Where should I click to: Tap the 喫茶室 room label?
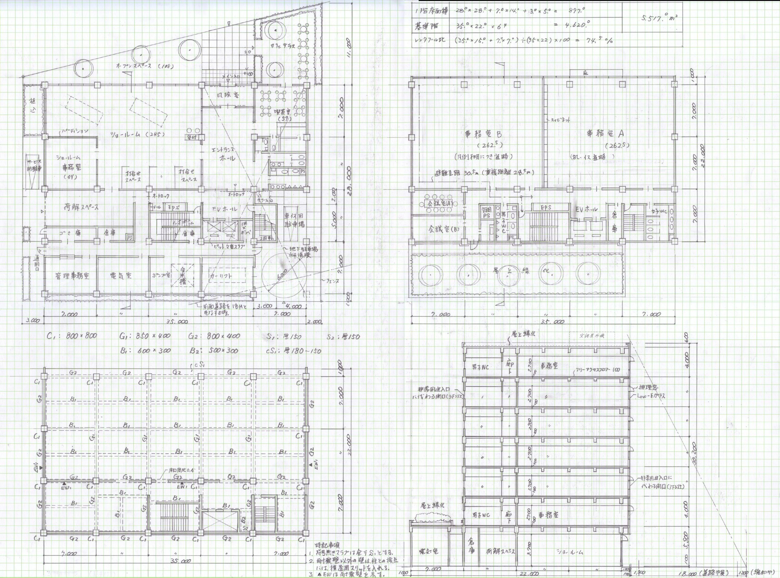[x=281, y=112]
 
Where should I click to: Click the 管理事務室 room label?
[x=72, y=276]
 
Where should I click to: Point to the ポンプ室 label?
[x=161, y=275]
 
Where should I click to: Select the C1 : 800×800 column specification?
[x=72, y=336]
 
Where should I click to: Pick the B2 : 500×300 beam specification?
[x=214, y=350]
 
